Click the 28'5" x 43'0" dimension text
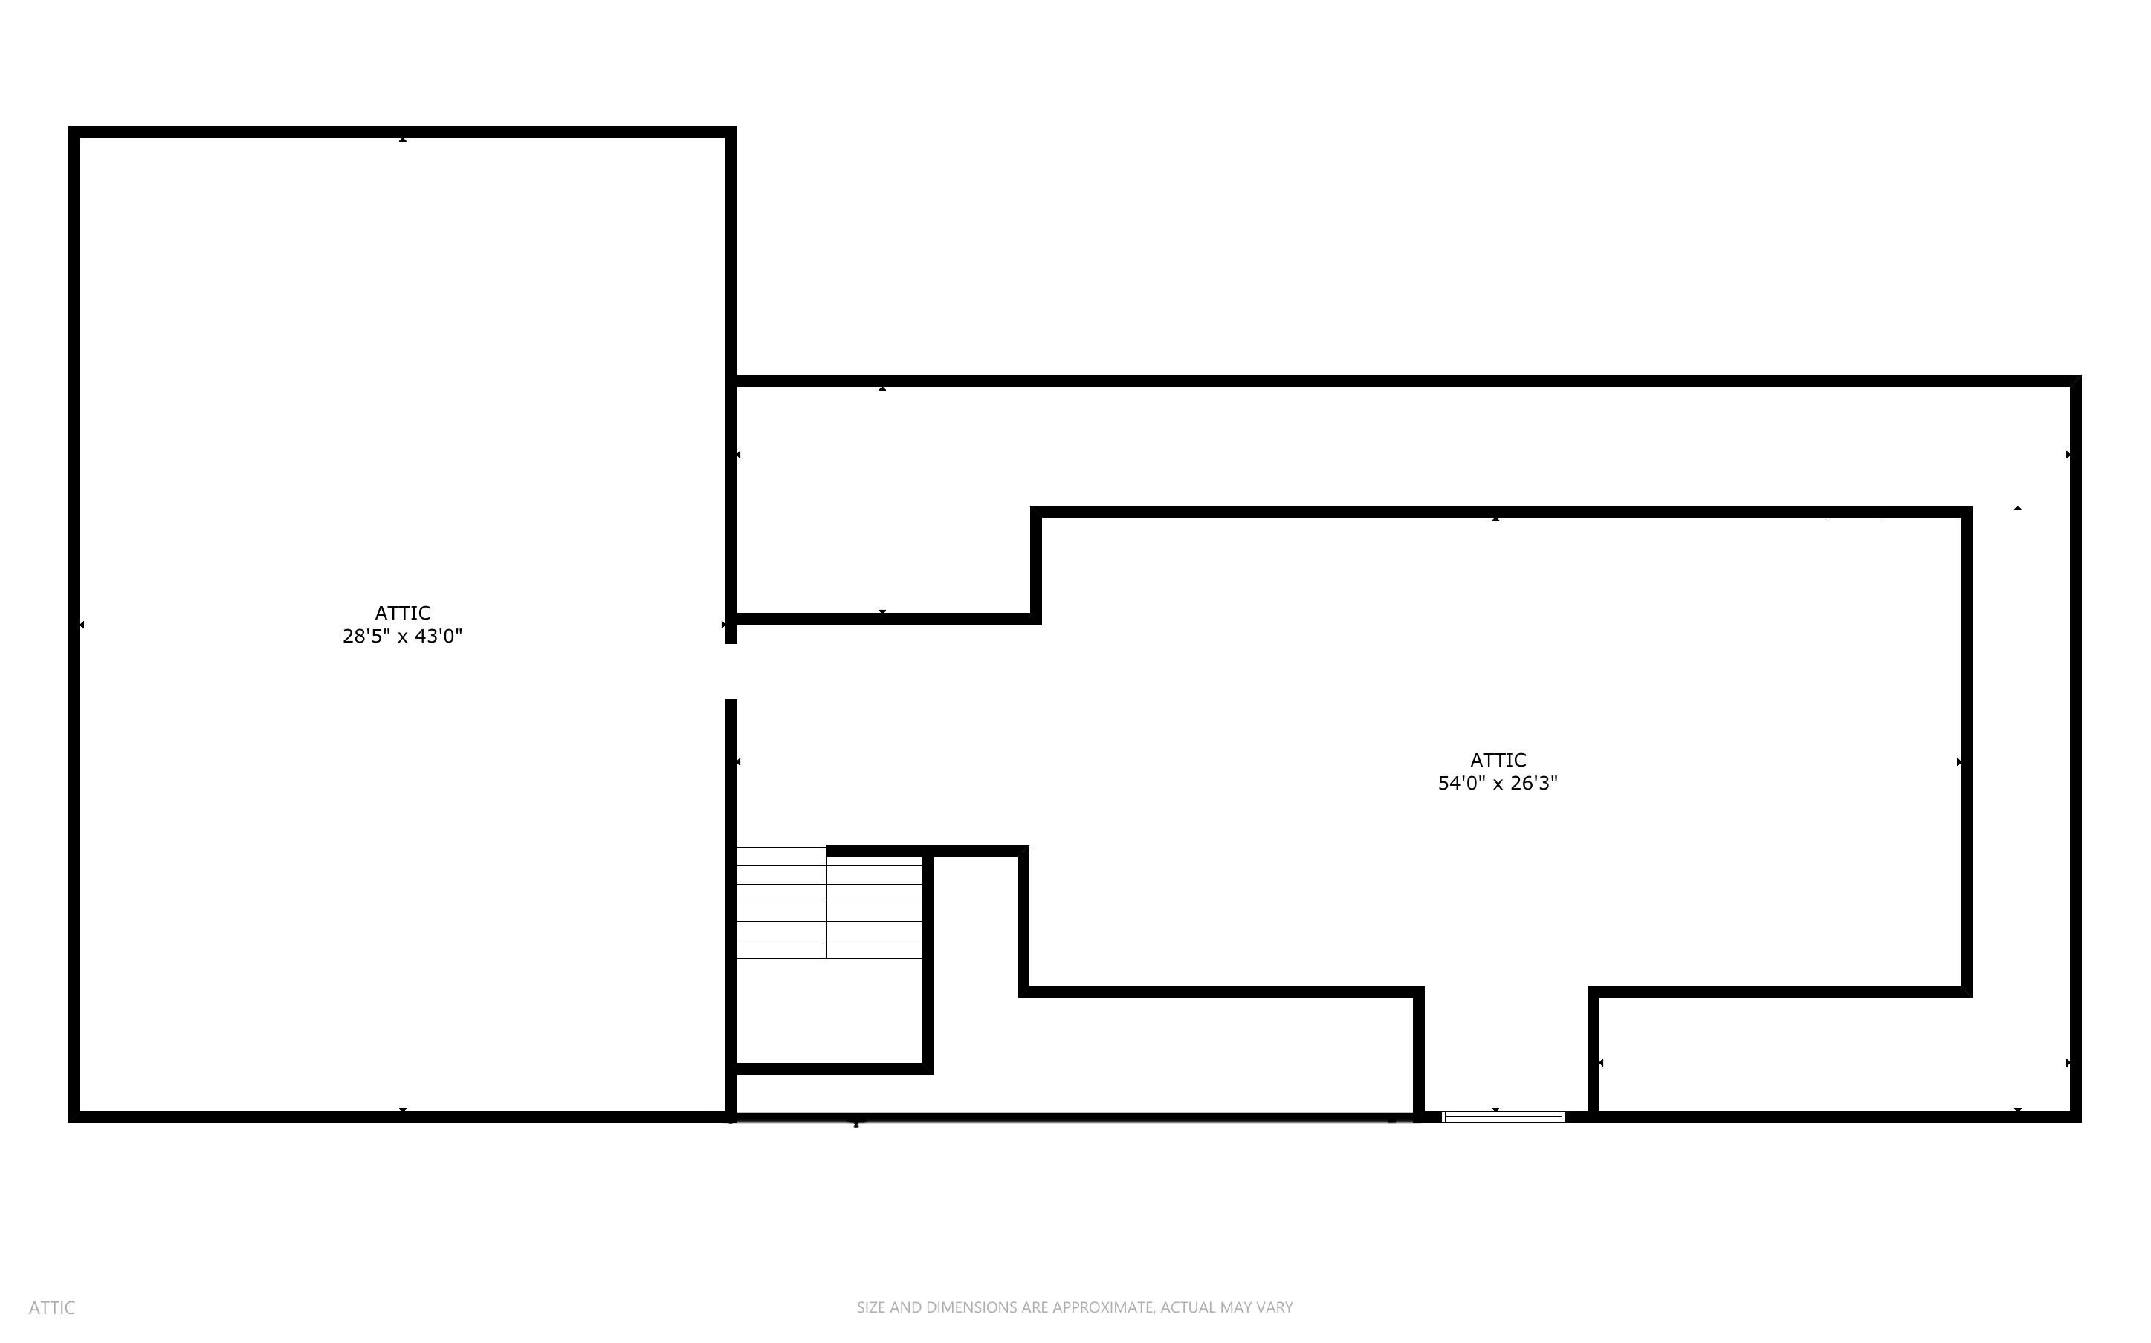403,636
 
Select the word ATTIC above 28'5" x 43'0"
403,613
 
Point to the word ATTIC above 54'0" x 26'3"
1498,761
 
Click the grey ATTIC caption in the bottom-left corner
51,1307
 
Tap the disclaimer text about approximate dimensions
1075,1307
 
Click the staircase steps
829,903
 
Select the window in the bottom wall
1504,1117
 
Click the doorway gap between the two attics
731,671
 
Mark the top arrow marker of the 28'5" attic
403,140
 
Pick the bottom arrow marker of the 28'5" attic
403,1110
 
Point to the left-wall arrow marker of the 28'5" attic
82,625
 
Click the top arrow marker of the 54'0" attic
1495,518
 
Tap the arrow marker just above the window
1495,1110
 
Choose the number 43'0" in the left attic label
439,636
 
